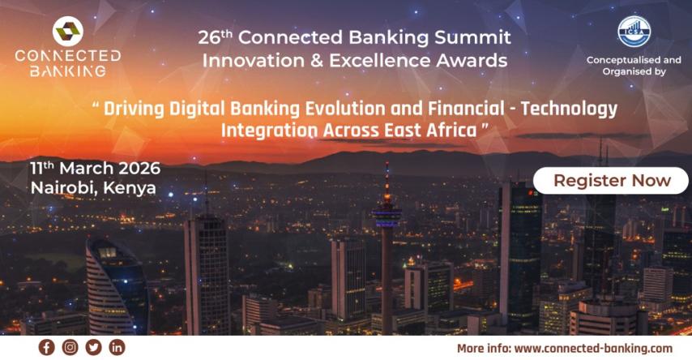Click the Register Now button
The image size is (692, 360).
pos(612,181)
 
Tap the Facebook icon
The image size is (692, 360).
pos(47,347)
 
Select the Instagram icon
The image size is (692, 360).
pos(70,347)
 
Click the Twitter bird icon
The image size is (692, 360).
pos(94,347)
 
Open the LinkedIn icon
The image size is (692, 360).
pos(117,347)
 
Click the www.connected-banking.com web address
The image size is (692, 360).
pos(594,348)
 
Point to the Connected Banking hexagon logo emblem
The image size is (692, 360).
pos(68,31)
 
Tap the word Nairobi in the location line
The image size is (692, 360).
pos(62,189)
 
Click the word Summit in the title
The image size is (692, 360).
pos(481,36)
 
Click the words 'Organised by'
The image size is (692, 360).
pos(634,71)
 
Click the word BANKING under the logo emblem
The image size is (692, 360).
pos(68,71)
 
